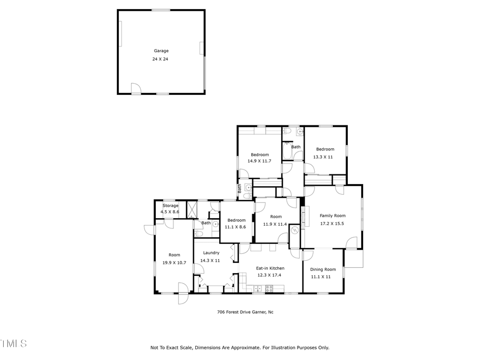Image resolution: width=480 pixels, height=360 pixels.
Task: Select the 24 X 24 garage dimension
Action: tap(161, 59)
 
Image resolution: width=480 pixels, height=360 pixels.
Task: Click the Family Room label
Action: tap(332, 215)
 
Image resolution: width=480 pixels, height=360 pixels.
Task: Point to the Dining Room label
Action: tap(323, 269)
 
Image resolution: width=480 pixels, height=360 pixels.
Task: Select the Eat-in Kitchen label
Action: tap(270, 268)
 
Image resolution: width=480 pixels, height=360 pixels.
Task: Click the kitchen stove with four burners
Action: tap(269, 289)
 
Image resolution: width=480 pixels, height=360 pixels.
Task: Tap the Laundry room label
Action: tap(210, 253)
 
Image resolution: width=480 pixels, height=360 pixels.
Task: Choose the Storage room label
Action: tap(170, 205)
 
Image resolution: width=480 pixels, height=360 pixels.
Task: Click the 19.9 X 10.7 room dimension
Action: tap(174, 263)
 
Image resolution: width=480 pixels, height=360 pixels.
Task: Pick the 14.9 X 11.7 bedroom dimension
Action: tap(259, 161)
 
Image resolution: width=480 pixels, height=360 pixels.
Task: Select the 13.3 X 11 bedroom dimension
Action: tap(325, 157)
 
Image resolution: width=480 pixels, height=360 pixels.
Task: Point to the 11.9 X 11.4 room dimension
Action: tap(275, 224)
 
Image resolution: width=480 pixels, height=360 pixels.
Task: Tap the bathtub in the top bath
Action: tap(286, 151)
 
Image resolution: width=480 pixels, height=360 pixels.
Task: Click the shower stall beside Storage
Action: tap(190, 208)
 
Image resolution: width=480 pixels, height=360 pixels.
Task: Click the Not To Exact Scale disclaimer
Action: tap(240, 348)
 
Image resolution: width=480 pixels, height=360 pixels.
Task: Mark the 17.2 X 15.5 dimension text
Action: tap(332, 223)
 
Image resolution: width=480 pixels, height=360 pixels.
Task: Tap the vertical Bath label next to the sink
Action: tap(239, 188)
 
